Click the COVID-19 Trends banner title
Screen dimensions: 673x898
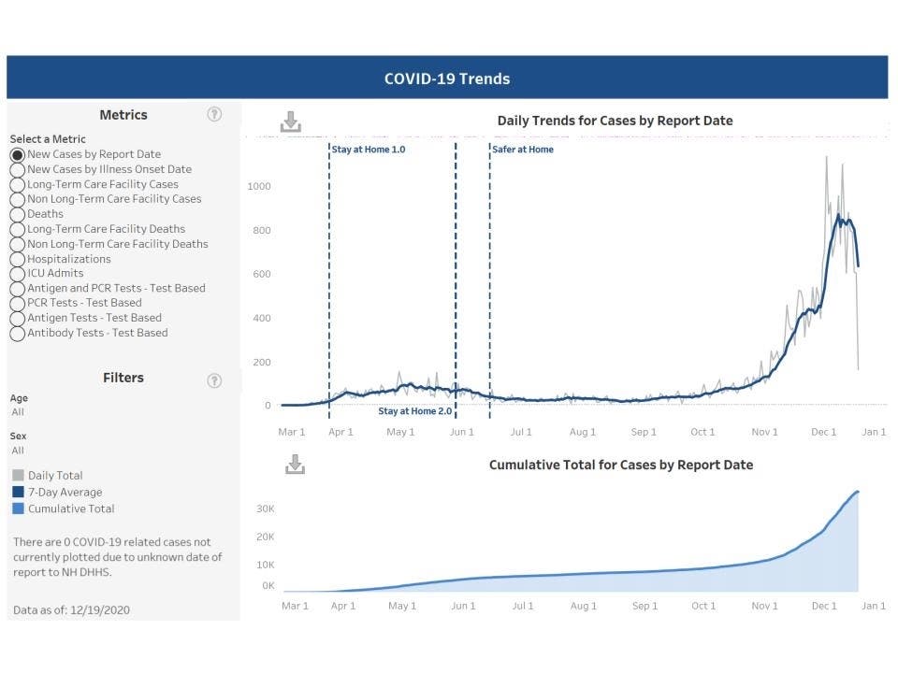click(447, 79)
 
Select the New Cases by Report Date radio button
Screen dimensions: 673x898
click(17, 154)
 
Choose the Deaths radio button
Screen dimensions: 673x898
click(17, 214)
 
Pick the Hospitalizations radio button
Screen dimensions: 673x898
click(17, 259)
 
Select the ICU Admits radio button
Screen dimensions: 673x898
click(17, 274)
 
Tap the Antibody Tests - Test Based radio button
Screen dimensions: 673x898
click(17, 334)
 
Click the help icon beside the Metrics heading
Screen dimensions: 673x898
click(214, 114)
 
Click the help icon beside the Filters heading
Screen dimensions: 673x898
click(214, 379)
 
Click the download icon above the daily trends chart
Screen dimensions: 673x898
click(291, 122)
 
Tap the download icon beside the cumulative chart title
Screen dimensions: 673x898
click(295, 465)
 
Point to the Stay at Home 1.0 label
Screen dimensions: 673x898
click(369, 150)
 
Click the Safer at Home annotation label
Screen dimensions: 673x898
click(523, 150)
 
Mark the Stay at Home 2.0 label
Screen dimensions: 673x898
click(414, 411)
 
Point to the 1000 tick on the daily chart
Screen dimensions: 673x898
click(259, 186)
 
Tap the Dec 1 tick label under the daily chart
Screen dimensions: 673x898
click(824, 432)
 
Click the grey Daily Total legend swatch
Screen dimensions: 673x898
click(18, 476)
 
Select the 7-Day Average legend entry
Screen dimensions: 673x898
click(65, 492)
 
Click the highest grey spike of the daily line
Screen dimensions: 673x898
click(826, 157)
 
